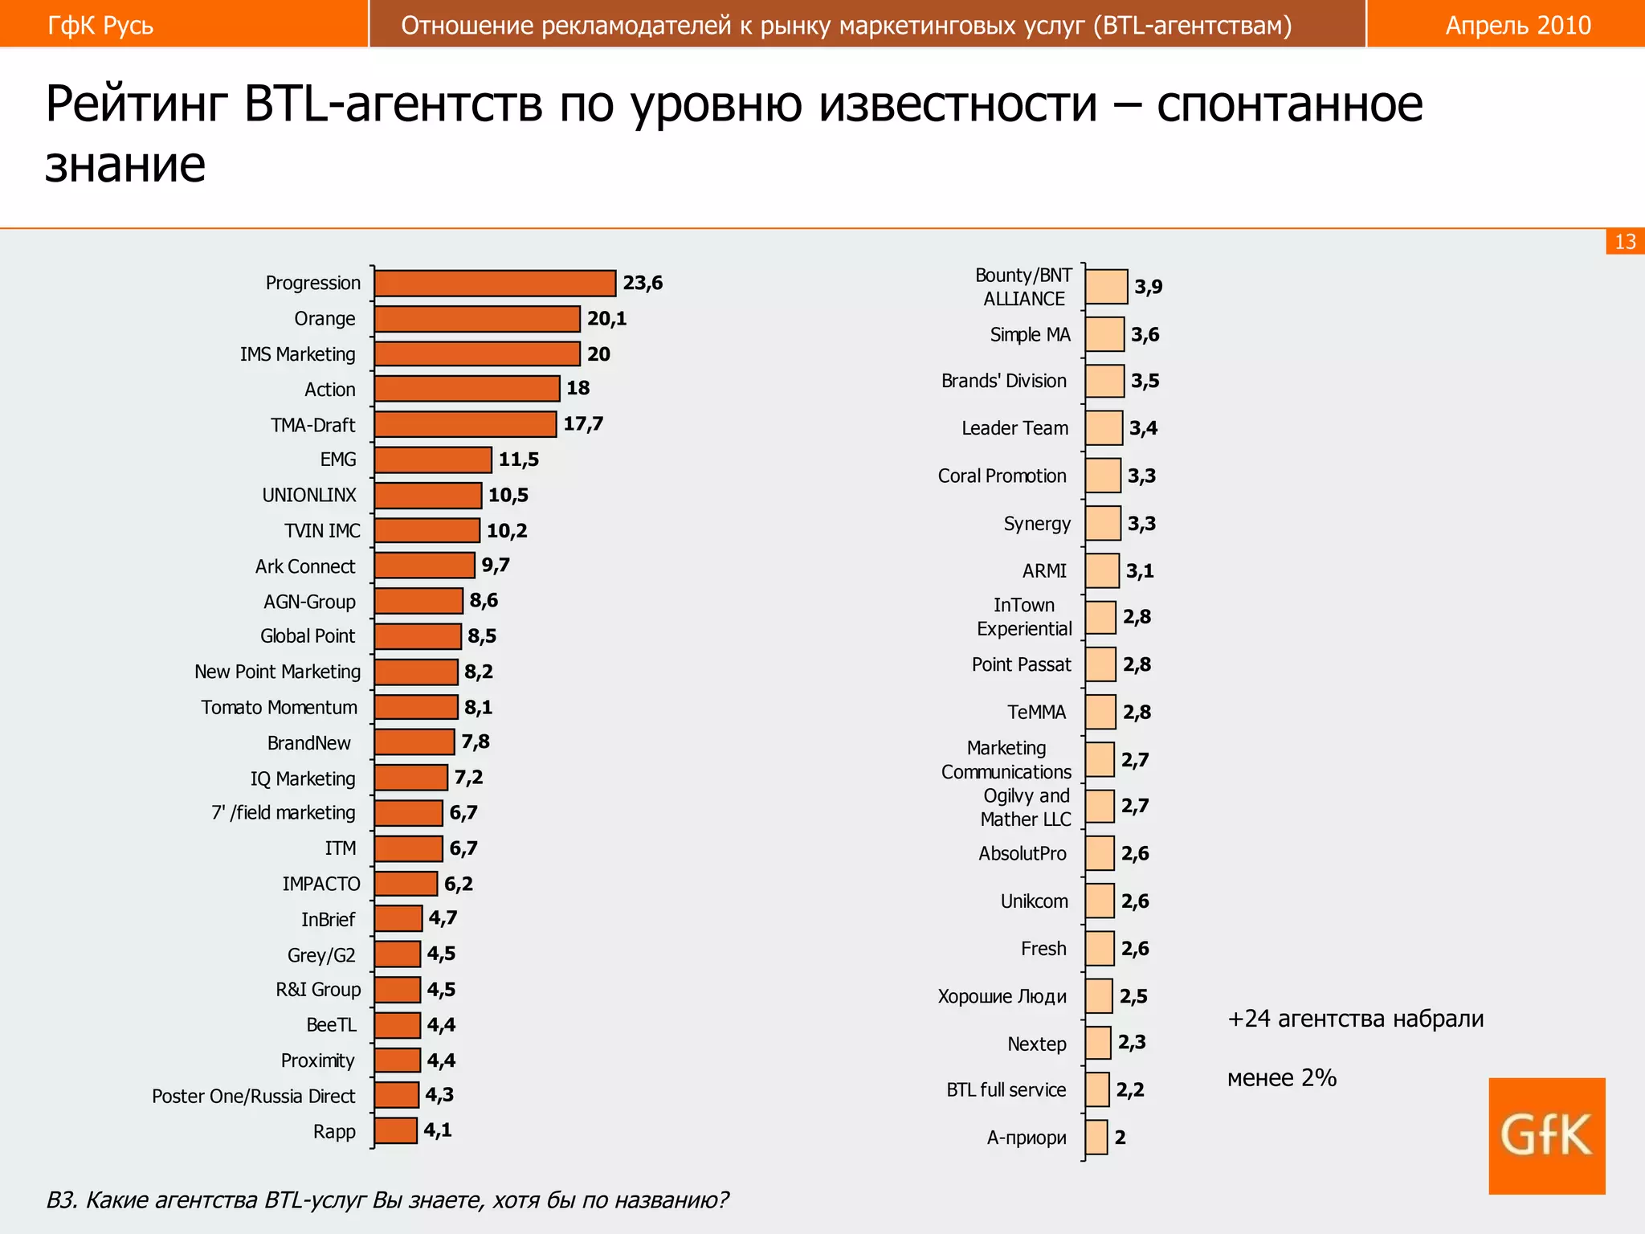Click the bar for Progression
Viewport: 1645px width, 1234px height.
pyautogui.click(x=495, y=284)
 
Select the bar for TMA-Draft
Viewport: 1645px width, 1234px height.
pyautogui.click(x=465, y=424)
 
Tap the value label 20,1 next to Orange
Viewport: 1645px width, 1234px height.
pyautogui.click(x=606, y=319)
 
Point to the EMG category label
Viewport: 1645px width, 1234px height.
pyautogui.click(x=338, y=460)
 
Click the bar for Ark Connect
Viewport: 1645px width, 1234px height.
pyautogui.click(x=424, y=566)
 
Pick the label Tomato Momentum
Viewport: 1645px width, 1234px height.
pyautogui.click(x=279, y=708)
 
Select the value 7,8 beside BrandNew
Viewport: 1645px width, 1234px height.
pyautogui.click(x=476, y=742)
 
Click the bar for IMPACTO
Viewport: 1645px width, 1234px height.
pyautogui.click(x=406, y=884)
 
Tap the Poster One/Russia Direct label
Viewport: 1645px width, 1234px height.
pyautogui.click(x=253, y=1097)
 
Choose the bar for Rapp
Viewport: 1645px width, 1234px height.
pyautogui.click(x=395, y=1130)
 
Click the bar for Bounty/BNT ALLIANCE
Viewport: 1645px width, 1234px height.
pyautogui.click(x=1106, y=287)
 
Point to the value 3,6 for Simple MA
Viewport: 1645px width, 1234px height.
pyautogui.click(x=1145, y=335)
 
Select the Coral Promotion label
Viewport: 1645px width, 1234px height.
pyautogui.click(x=1002, y=476)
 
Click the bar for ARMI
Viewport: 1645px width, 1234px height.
pyautogui.click(x=1102, y=570)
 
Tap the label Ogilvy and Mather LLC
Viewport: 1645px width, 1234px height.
pyautogui.click(x=1026, y=807)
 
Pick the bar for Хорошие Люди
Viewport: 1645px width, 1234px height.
pyautogui.click(x=1099, y=996)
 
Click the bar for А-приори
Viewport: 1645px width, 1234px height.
pyautogui.click(x=1096, y=1138)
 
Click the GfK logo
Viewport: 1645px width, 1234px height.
pyautogui.click(x=1546, y=1136)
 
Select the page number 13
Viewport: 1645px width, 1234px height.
pyautogui.click(x=1625, y=242)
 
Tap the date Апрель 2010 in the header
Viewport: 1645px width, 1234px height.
pyautogui.click(x=1518, y=26)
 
